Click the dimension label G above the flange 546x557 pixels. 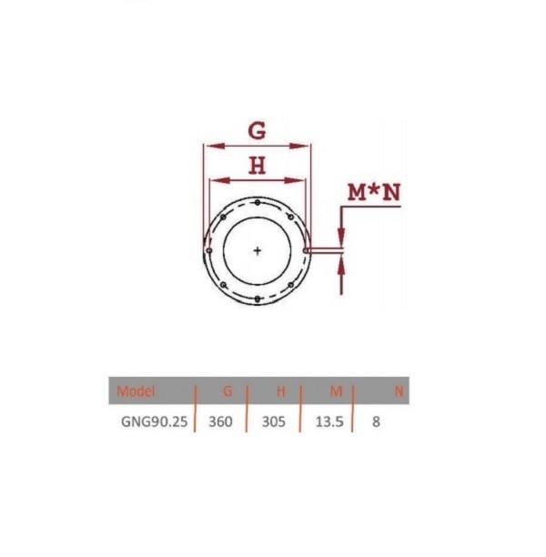(x=258, y=130)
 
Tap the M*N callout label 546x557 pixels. (x=374, y=192)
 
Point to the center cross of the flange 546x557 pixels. (x=258, y=249)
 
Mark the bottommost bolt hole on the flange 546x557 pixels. (x=258, y=299)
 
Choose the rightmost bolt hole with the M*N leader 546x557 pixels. (x=307, y=249)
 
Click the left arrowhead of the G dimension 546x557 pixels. (x=208, y=145)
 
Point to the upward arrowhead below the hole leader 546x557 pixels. (x=342, y=265)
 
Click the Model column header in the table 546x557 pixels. (x=136, y=391)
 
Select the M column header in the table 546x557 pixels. (x=336, y=391)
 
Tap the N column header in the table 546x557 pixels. (x=398, y=391)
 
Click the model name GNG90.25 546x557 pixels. (x=152, y=423)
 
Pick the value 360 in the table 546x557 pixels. (x=221, y=423)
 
